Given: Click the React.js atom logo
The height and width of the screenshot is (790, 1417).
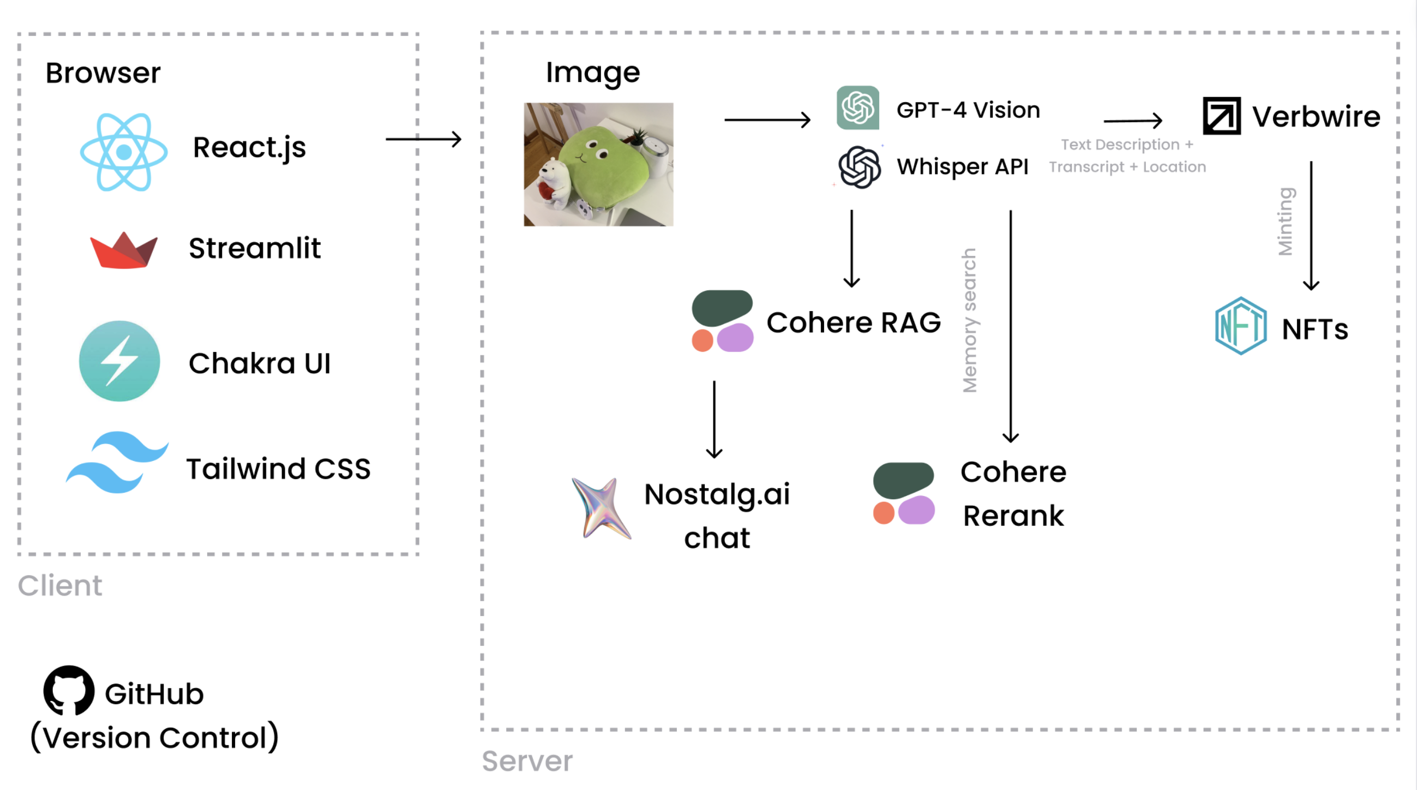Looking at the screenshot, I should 124,152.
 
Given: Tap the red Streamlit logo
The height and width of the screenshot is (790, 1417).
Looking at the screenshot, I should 124,250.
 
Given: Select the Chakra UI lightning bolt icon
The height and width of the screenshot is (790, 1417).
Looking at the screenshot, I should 119,361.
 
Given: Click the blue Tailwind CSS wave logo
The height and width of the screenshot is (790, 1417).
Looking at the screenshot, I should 117,462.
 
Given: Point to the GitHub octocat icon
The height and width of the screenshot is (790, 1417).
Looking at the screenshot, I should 69,690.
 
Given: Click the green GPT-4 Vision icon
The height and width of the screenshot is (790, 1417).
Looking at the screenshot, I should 857,108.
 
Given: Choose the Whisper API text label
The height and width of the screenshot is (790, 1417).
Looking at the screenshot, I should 962,166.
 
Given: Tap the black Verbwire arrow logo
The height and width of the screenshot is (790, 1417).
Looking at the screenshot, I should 1222,116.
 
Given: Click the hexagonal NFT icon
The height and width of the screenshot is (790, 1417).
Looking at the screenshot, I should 1240,326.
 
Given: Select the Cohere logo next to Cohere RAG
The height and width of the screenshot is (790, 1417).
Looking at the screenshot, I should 722,321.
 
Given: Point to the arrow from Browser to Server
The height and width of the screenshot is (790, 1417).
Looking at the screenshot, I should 423,139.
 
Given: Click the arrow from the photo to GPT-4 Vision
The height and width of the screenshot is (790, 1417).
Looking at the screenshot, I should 767,119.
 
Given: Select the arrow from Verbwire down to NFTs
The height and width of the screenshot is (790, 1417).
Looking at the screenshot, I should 1311,225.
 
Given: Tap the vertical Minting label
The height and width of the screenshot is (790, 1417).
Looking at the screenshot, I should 1286,222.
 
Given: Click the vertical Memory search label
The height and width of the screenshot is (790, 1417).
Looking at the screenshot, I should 969,320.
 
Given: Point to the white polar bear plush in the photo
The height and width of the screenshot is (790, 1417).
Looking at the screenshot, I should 554,184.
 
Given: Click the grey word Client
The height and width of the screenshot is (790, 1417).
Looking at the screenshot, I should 60,585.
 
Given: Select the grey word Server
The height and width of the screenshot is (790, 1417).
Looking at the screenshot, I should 527,761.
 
